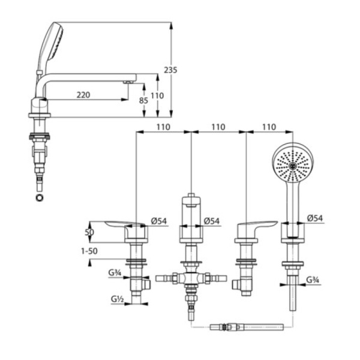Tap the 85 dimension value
coord(143,101)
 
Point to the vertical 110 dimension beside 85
coord(157,95)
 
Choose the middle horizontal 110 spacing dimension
coord(218,127)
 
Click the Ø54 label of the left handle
coord(158,221)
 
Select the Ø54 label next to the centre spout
coord(211,221)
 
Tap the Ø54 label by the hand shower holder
coord(315,218)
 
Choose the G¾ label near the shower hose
coord(313,280)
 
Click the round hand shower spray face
coord(292,163)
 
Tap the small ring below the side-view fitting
coord(40,197)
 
